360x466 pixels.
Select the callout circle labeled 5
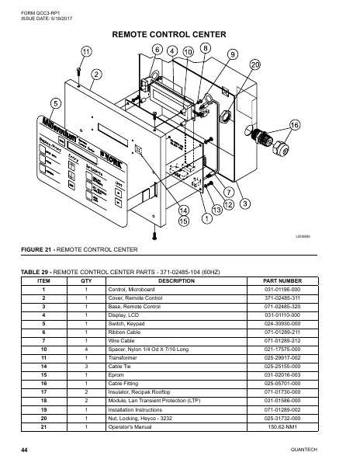tap(56, 103)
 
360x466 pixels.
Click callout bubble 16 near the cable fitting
tap(295, 125)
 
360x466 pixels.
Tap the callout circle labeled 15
tap(183, 221)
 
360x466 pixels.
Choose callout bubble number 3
tap(244, 203)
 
